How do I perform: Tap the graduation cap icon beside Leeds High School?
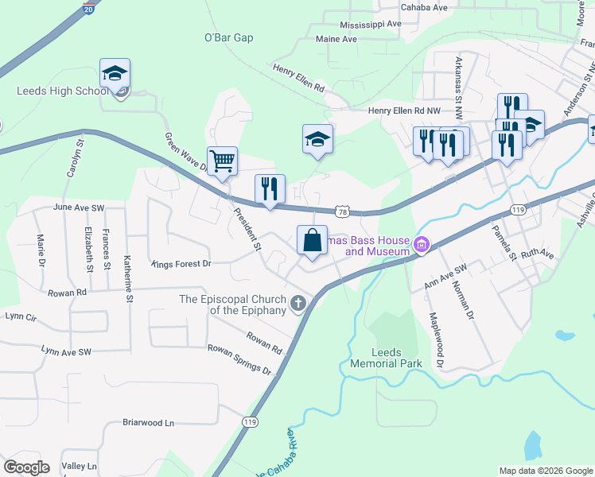pyautogui.click(x=115, y=75)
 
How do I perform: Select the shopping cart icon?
pyautogui.click(x=222, y=160)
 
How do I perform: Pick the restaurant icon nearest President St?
pyautogui.click(x=270, y=189)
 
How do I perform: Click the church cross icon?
pyautogui.click(x=298, y=303)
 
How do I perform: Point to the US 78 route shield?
pyautogui.click(x=342, y=211)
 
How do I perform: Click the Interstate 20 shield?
pyautogui.click(x=90, y=7)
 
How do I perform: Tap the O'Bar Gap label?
pyautogui.click(x=228, y=38)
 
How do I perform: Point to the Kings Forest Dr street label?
pyautogui.click(x=181, y=264)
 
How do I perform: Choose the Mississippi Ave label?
pyautogui.click(x=371, y=24)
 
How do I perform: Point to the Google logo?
pyautogui.click(x=26, y=467)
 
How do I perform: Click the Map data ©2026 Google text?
pyautogui.click(x=545, y=471)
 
